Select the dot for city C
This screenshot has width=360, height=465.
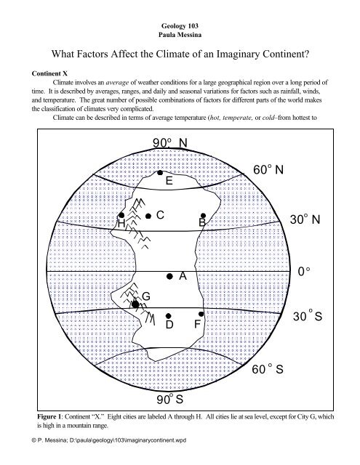click(148, 216)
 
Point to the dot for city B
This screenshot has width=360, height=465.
click(204, 216)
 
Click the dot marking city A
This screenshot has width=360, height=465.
click(169, 277)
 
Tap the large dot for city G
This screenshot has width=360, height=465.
click(135, 304)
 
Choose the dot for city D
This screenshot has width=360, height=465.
click(168, 315)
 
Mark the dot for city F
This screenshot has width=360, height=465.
click(201, 315)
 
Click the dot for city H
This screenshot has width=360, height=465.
click(125, 216)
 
